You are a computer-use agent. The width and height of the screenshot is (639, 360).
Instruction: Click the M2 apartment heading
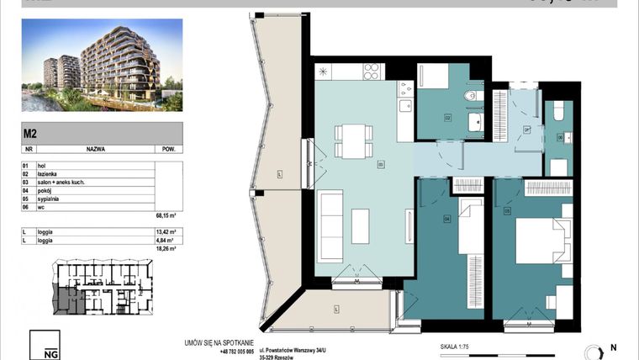pyautogui.click(x=29, y=131)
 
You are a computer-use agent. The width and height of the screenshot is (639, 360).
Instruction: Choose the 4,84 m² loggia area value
pyautogui.click(x=165, y=239)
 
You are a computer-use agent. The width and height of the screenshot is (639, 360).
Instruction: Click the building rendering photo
pyautogui.click(x=101, y=66)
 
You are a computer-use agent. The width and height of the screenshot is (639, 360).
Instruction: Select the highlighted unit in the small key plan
pyautogui.click(x=67, y=299)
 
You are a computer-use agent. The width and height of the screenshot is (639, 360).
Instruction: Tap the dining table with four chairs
pyautogui.click(x=352, y=140)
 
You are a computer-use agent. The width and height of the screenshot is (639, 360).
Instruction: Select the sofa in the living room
pyautogui.click(x=329, y=217)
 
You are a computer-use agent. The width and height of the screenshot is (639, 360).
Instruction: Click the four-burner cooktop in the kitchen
pyautogui.click(x=371, y=72)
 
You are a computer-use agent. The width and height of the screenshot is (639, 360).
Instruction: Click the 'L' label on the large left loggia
pyautogui.click(x=280, y=175)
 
